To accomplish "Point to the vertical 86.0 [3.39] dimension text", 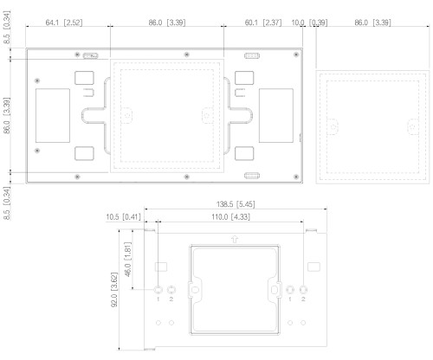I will tap(7, 114).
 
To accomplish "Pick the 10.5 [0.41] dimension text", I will tap(123, 216).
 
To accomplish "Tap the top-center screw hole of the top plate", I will tap(187, 55).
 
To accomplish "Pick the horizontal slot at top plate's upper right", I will tap(253, 56).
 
